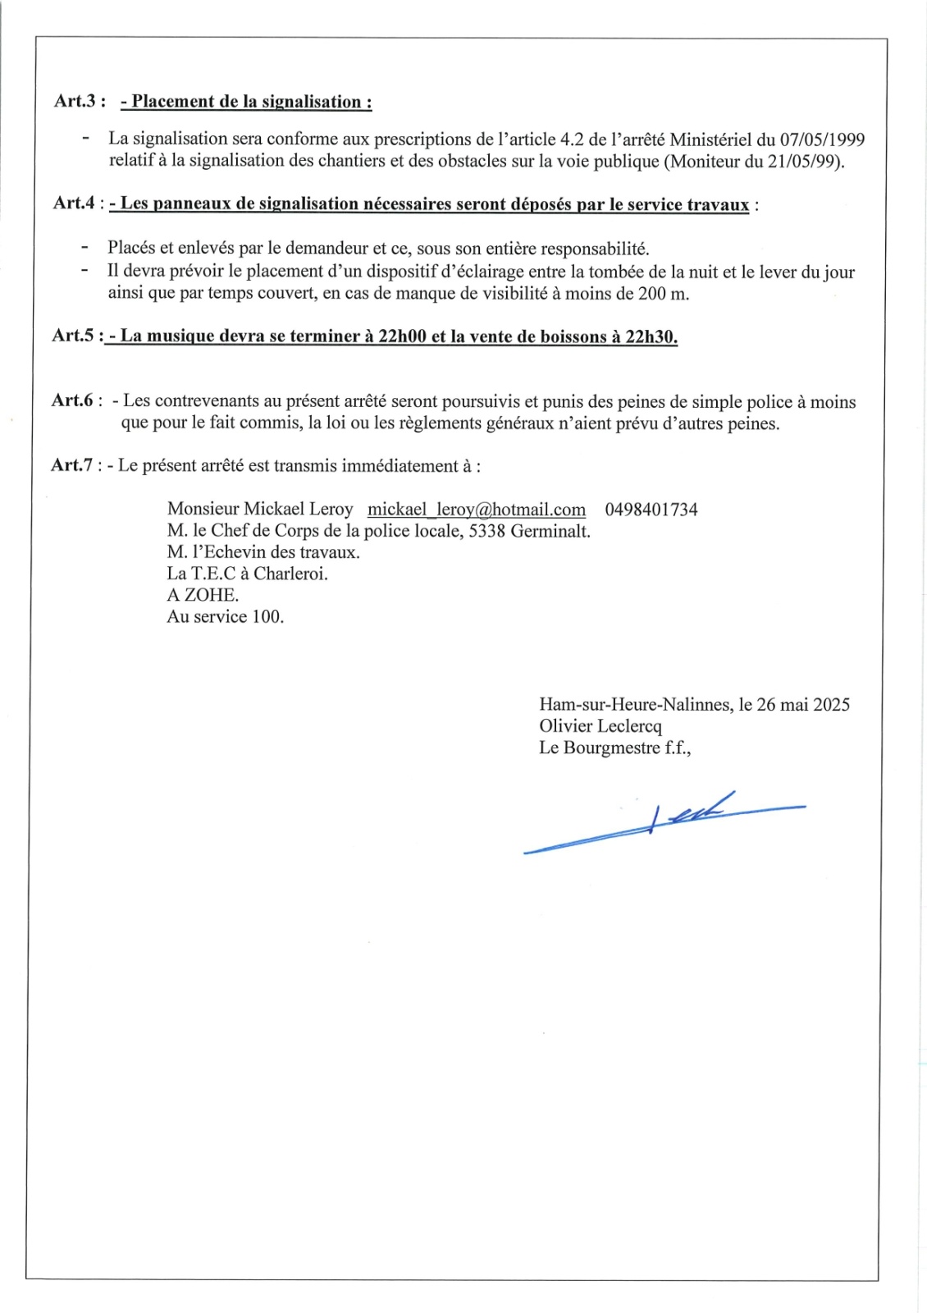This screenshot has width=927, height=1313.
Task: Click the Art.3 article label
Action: (x=80, y=101)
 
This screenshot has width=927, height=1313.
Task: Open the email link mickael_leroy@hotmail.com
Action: (x=477, y=510)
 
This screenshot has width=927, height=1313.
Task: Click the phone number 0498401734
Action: (x=651, y=510)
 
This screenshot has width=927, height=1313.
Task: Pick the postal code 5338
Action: (x=487, y=531)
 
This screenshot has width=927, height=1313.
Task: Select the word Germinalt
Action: (x=550, y=531)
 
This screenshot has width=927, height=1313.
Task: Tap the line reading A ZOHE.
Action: (x=203, y=595)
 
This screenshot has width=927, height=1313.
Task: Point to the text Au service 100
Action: (x=226, y=616)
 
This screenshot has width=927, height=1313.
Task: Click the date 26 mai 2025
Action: (x=803, y=704)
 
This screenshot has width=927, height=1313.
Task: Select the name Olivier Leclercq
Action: (x=600, y=725)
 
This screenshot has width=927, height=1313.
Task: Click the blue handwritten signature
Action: (x=664, y=821)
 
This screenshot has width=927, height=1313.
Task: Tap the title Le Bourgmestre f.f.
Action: (x=614, y=748)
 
